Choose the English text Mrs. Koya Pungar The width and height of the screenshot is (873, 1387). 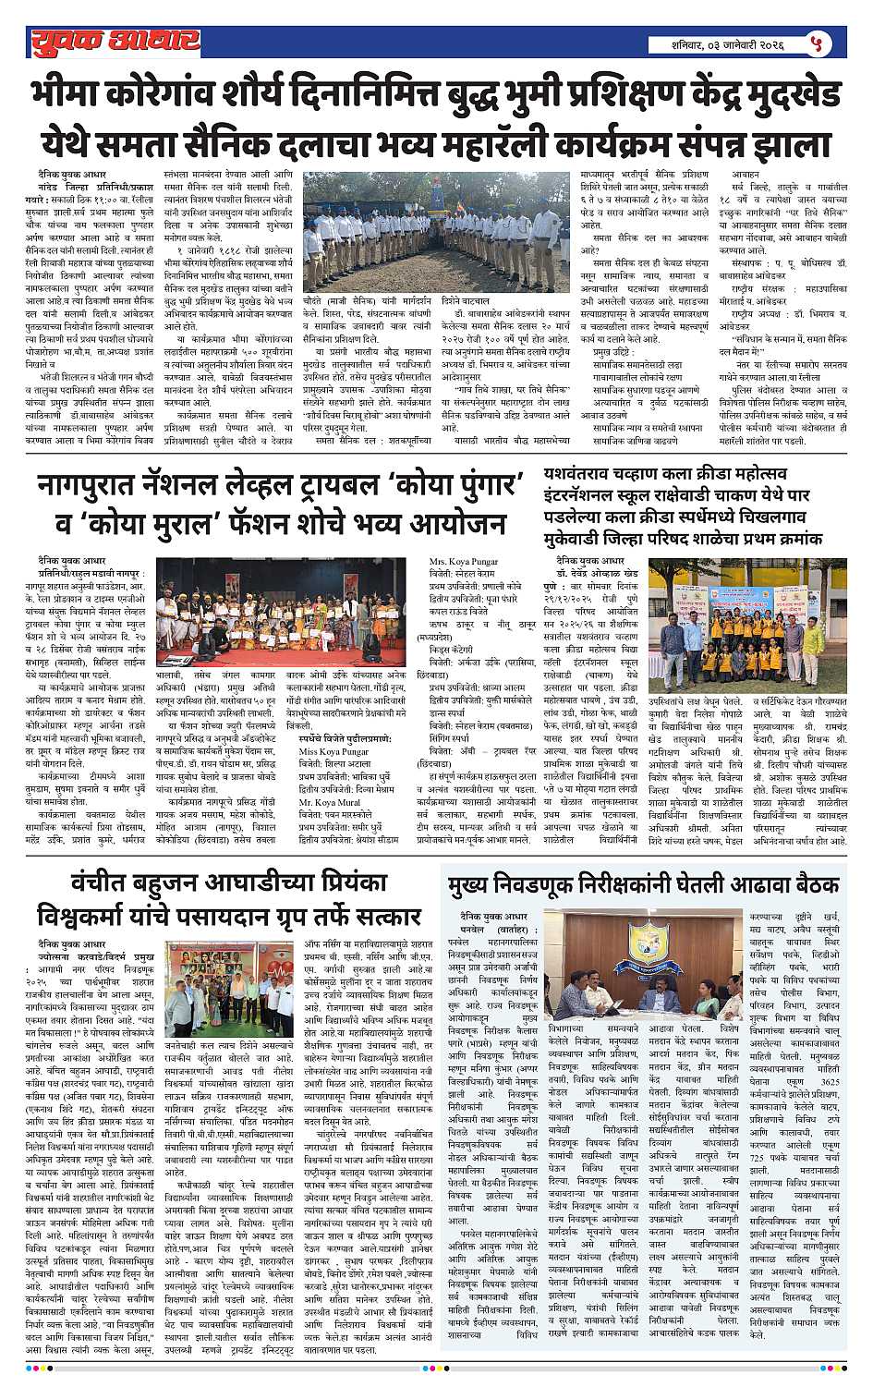click(465, 561)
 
